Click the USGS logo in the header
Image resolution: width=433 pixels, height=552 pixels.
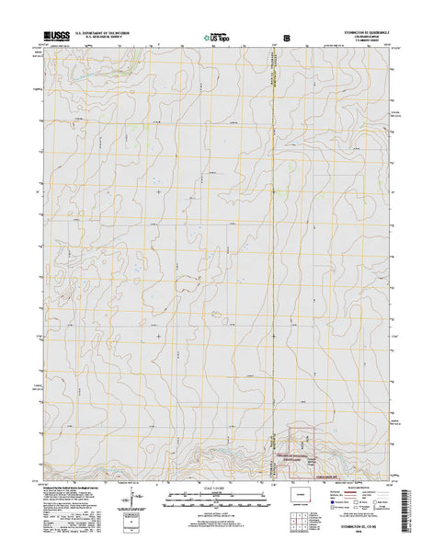[x=52, y=39]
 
